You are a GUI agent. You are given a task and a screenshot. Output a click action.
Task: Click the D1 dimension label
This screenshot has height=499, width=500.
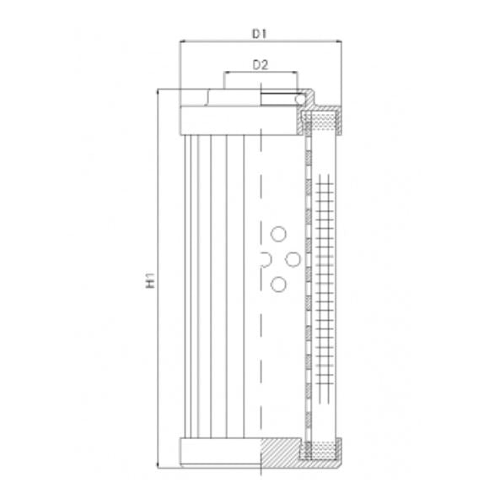point(260,34)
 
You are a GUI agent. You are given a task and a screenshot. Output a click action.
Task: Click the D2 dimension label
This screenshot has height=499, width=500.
point(260,65)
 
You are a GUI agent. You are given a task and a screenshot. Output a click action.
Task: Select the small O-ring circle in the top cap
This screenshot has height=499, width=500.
point(298,100)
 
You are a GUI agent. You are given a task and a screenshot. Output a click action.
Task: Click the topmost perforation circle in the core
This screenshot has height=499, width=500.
point(279,233)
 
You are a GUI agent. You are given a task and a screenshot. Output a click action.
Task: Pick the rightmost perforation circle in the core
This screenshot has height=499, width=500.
point(293,260)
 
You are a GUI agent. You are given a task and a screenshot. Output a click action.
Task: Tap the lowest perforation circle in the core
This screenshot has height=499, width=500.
point(278,285)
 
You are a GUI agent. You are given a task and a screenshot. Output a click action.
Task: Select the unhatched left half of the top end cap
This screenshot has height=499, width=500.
point(219,117)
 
